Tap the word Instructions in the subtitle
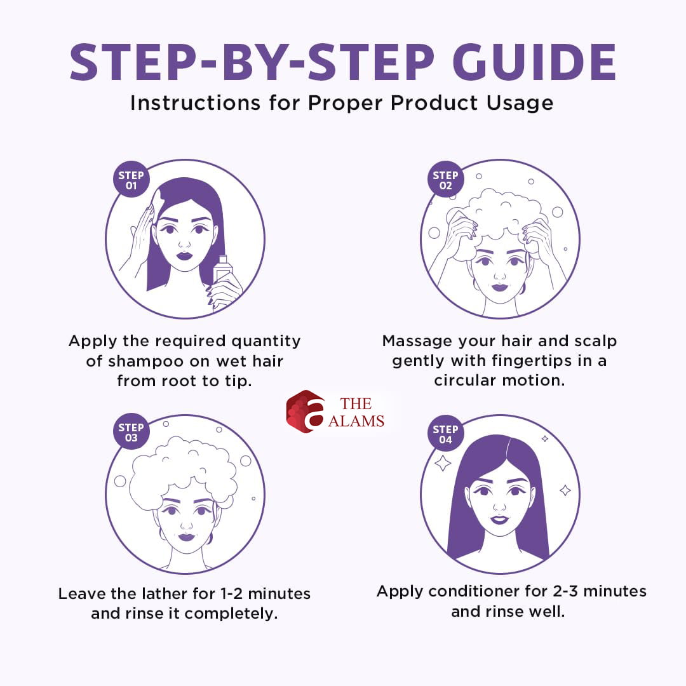click(196, 103)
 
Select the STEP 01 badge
click(131, 179)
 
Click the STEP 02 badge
click(445, 179)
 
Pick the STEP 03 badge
click(131, 432)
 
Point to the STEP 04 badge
click(445, 433)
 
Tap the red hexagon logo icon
click(306, 411)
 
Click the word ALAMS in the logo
click(356, 421)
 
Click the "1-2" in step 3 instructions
click(231, 594)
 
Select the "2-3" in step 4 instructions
click(565, 591)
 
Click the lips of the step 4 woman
click(499, 520)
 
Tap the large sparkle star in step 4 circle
click(443, 463)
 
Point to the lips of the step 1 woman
click(184, 255)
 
